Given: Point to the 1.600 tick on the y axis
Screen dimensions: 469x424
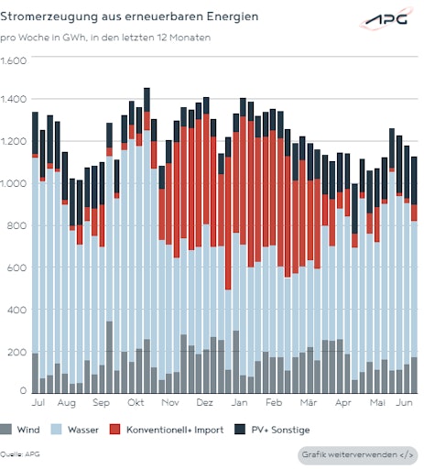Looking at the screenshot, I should point(14,60).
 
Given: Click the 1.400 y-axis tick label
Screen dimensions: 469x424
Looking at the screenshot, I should point(14,99).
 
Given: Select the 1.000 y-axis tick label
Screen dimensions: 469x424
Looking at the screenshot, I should point(14,184).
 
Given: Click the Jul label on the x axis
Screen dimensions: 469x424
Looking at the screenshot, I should point(39,403).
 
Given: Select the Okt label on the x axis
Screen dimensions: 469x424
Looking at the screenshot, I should point(136,403).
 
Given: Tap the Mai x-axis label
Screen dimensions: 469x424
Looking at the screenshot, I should point(377,403).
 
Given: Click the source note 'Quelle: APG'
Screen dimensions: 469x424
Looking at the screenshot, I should point(19,453).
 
